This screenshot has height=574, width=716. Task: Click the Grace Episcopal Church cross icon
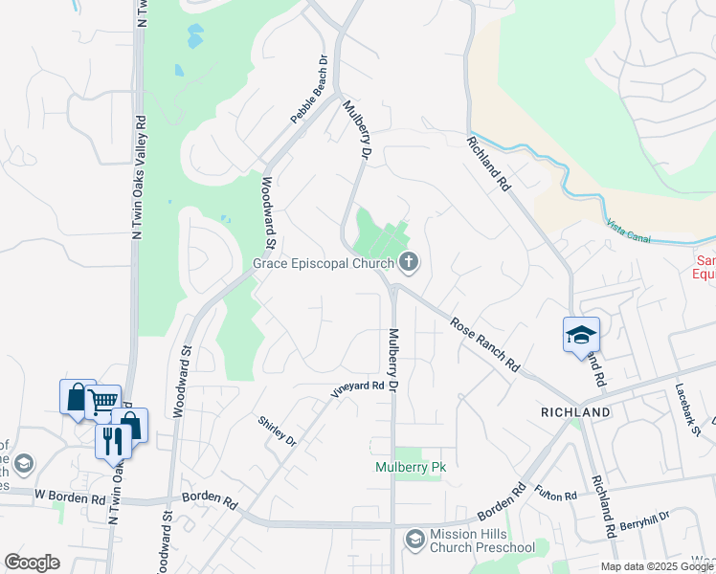(409, 261)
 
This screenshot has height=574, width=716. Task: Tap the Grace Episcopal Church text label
(323, 263)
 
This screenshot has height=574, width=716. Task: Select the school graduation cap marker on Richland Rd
(581, 335)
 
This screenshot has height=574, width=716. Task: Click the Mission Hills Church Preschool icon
(414, 541)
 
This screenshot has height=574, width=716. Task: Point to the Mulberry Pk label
(411, 467)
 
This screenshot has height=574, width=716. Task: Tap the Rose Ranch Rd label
(484, 345)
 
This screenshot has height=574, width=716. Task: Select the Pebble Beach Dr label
(309, 89)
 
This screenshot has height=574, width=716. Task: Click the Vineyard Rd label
(357, 388)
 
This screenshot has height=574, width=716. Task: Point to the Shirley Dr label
(278, 430)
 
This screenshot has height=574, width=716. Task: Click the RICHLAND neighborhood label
(575, 412)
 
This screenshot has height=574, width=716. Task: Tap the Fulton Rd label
(556, 497)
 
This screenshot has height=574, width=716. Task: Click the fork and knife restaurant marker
(112, 440)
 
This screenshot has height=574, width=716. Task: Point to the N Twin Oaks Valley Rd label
(140, 178)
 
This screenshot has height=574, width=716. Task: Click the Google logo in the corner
(32, 563)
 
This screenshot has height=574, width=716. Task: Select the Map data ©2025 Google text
(657, 566)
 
